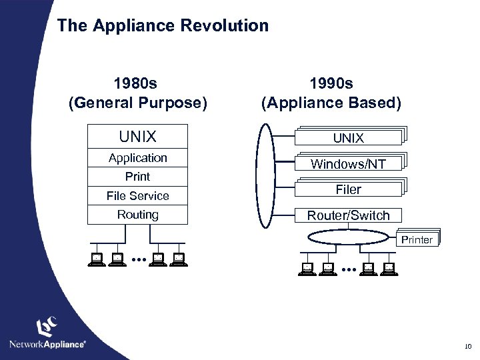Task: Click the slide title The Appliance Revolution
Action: (163, 26)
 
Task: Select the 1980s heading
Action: (136, 85)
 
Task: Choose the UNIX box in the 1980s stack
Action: (137, 137)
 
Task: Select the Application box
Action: (137, 158)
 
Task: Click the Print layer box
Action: (137, 177)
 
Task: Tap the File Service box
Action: (137, 196)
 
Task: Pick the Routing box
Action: (137, 215)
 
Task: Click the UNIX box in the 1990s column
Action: (348, 137)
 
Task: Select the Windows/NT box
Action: (348, 163)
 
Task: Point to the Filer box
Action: (348, 189)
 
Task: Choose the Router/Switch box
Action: (348, 215)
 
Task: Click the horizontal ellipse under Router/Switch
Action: (348, 237)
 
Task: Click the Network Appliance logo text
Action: (47, 344)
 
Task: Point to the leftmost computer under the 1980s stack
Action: (97, 261)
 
